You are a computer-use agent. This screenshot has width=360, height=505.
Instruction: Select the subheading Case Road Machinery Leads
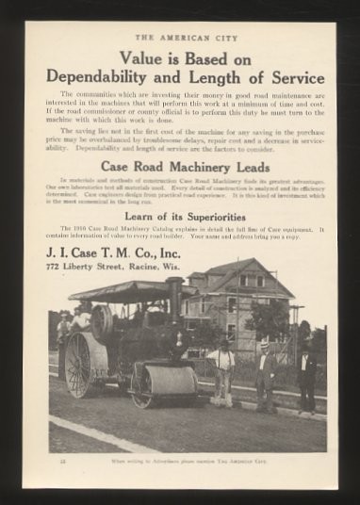pos(180,166)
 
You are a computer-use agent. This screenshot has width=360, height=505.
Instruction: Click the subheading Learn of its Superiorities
pos(180,217)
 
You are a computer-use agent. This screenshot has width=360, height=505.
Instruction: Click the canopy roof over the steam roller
pos(123,290)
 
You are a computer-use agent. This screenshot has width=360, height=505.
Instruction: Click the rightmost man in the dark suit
pos(307,377)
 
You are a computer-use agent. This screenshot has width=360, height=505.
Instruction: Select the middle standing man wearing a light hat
pos(267,375)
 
